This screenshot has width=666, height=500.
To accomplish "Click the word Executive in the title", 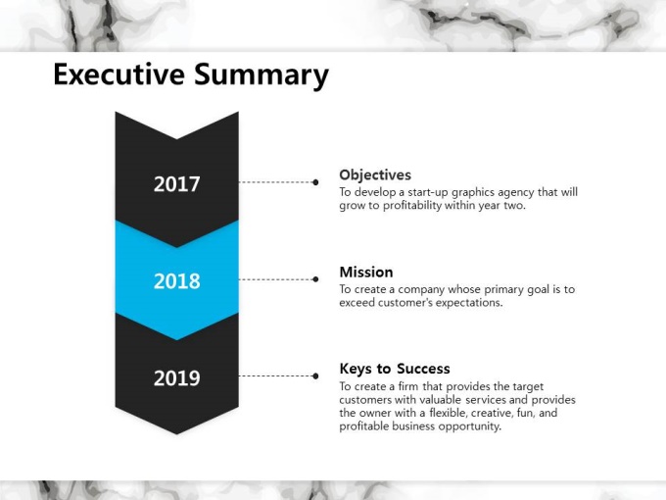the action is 119,74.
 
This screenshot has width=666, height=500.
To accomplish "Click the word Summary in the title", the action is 262,75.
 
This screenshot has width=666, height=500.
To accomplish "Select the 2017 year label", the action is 176,184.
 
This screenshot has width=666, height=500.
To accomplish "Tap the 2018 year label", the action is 176,281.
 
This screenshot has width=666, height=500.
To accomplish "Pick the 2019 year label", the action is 176,378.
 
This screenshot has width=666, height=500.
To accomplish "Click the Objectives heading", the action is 375,175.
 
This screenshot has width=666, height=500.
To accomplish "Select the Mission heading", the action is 366,273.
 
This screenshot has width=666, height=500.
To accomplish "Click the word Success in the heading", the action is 423,369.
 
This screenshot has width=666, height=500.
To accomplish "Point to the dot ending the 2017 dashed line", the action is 315,182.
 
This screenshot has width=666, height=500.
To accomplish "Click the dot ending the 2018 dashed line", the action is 315,279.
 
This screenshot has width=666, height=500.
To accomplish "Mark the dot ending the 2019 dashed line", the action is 315,375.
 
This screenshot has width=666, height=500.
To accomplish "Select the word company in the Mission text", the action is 421,290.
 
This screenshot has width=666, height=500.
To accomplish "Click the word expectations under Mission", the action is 469,303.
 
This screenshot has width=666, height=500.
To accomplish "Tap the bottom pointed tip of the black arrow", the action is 176,434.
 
